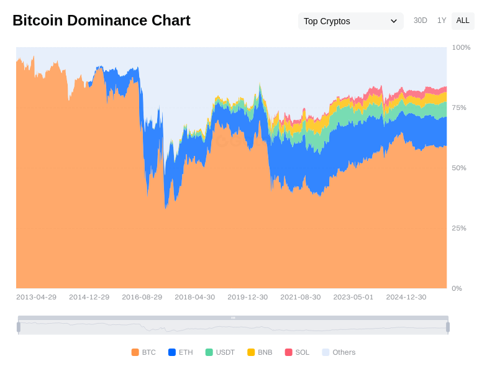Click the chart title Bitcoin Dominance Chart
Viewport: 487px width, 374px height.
pos(101,21)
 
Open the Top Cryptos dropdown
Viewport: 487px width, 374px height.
pos(350,21)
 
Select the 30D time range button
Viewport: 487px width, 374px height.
pos(421,21)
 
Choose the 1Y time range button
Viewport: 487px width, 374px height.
pos(442,21)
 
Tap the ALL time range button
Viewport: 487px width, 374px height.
pos(463,21)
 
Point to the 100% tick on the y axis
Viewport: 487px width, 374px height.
pos(461,47)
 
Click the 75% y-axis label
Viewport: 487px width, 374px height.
pos(459,107)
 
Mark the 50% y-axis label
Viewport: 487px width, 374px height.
pos(459,168)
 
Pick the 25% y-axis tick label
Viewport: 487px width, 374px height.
pos(459,228)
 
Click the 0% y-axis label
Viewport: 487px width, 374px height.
pos(457,288)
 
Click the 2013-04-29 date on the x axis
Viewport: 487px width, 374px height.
pos(36,297)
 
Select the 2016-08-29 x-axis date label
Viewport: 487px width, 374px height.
pos(142,297)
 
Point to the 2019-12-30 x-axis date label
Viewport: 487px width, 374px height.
pos(247,297)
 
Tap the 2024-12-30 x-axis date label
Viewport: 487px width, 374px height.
pos(406,297)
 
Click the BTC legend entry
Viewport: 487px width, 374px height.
pos(143,352)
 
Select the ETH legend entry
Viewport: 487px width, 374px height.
pos(180,352)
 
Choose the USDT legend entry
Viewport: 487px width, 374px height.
pos(220,352)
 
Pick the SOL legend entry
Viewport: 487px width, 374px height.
pos(297,352)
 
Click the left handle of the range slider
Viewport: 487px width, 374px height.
pos(19,327)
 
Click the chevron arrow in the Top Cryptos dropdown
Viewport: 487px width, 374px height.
pos(393,21)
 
